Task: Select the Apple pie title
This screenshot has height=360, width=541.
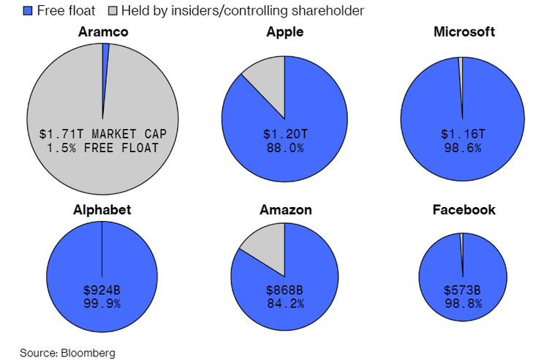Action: [285, 32]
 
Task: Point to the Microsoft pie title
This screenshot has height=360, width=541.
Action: [464, 32]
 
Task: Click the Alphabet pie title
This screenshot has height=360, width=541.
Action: [102, 210]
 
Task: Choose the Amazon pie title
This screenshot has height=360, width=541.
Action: [285, 210]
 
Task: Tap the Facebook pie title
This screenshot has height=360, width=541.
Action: [464, 210]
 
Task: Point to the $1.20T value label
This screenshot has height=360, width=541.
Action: [285, 135]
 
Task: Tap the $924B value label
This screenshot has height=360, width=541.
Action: [102, 290]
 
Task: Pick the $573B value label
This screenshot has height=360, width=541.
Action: [463, 290]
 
